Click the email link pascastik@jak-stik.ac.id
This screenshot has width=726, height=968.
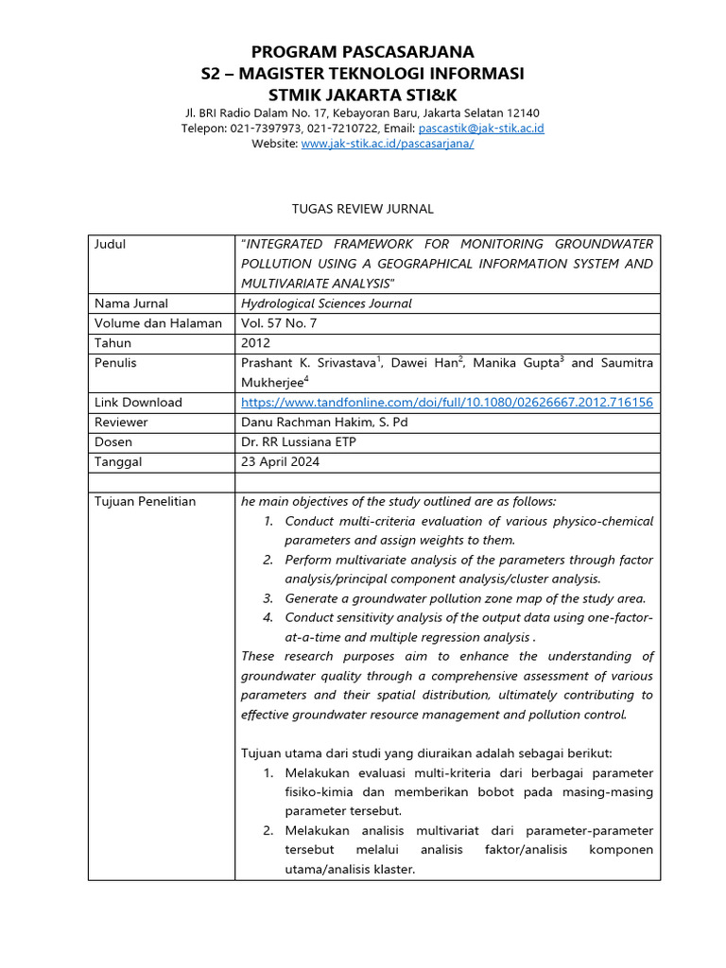point(481,129)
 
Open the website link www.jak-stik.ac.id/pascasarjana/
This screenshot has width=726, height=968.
point(387,144)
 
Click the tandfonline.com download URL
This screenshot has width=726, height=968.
point(446,403)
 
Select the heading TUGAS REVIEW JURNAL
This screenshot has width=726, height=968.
point(363,208)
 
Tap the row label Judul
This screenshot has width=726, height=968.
point(110,245)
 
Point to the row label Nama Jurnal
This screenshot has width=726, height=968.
point(131,304)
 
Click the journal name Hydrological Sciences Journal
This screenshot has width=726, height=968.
point(326,304)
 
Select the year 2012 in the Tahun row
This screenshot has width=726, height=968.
point(255,343)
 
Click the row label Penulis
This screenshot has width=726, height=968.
point(115,363)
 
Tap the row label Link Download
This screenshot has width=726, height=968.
point(138,403)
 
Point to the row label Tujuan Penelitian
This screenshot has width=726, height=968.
point(145,502)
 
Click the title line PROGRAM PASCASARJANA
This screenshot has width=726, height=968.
point(363,51)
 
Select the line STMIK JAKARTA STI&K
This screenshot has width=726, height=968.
point(363,95)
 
